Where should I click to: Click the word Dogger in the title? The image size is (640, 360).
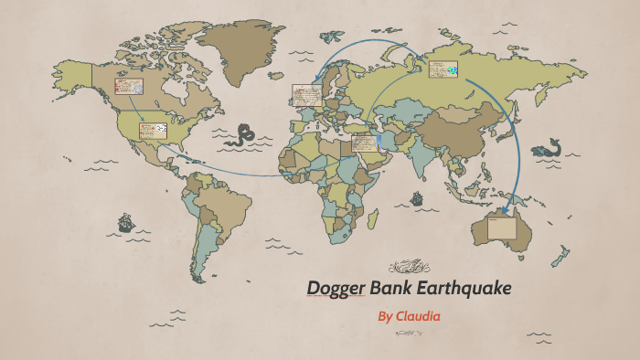pos(335,289)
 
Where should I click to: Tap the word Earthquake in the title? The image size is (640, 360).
pos(463,289)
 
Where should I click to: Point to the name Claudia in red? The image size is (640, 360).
pos(417,316)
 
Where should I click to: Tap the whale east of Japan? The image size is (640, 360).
pos(549,147)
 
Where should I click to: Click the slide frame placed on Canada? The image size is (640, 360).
pos(129,87)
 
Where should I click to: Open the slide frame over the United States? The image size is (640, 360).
pos(153,131)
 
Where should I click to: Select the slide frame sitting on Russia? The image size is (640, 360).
pos(443,69)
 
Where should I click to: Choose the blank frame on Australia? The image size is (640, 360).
pos(501,228)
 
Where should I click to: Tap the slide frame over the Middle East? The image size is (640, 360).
pos(364,143)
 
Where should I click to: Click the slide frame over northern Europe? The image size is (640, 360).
pos(305,93)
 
